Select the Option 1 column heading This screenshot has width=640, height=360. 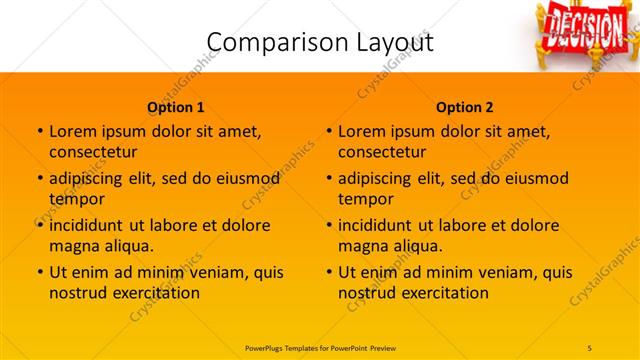click(176, 107)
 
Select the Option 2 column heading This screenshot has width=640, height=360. click(465, 107)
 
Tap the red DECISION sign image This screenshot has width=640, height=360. click(581, 29)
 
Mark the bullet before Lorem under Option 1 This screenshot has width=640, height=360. click(39, 131)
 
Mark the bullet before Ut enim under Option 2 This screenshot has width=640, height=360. click(328, 272)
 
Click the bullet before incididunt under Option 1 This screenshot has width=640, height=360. click(39, 225)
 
